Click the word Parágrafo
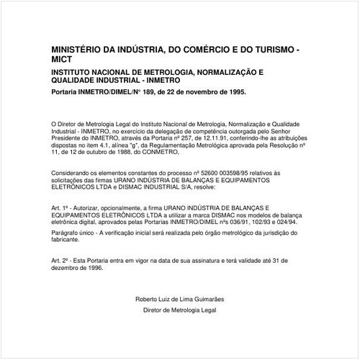(68, 233)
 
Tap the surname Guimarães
(206, 299)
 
